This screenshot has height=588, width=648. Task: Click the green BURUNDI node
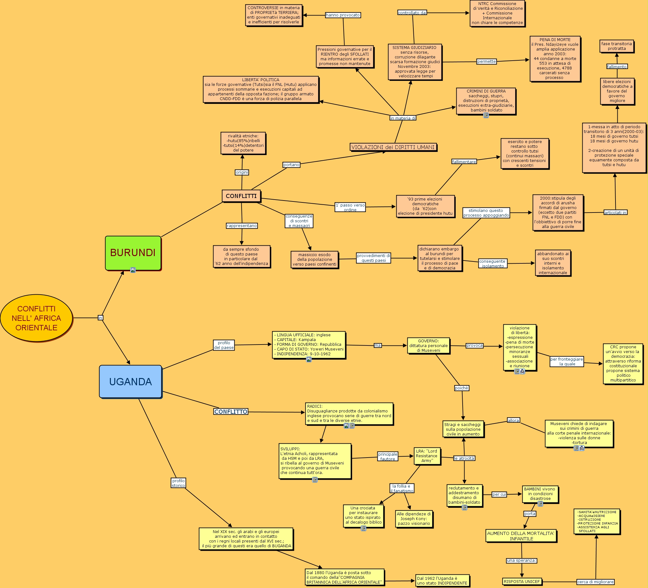[133, 253]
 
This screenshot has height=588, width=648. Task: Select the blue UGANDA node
[130, 381]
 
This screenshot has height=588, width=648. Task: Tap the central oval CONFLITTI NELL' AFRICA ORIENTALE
[36, 318]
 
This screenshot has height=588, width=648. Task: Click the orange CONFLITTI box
[241, 196]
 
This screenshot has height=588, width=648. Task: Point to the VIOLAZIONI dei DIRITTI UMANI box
[393, 147]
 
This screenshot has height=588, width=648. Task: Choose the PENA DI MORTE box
[555, 59]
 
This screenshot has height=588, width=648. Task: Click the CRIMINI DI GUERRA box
[486, 101]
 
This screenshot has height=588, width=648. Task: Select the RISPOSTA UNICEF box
[522, 581]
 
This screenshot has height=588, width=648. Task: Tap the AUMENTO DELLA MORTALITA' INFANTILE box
[521, 536]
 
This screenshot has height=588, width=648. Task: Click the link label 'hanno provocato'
[343, 15]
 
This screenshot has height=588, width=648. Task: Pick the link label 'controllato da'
[412, 13]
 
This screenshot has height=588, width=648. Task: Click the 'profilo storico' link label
[178, 483]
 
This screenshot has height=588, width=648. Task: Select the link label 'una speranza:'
[521, 560]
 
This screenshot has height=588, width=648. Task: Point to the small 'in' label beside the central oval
[100, 318]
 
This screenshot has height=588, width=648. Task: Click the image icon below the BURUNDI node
[133, 270]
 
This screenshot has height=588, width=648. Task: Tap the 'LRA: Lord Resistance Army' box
[427, 456]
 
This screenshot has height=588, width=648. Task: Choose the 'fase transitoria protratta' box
[616, 46]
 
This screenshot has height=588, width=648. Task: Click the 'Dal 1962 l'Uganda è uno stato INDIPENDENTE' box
[442, 581]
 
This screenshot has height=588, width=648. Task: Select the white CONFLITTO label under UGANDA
[231, 411]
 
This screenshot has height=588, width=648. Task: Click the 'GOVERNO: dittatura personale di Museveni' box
[428, 345]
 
